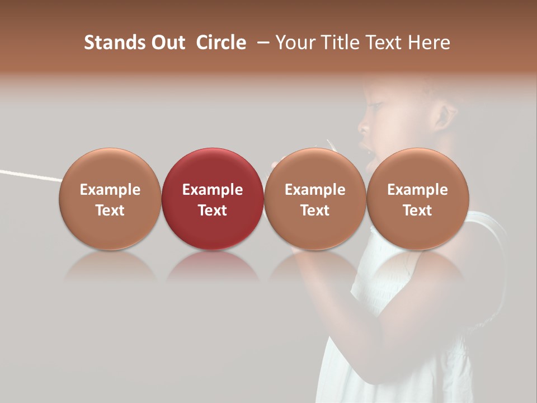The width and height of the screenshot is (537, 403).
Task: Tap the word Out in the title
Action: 167,43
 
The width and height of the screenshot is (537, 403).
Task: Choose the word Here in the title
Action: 428,43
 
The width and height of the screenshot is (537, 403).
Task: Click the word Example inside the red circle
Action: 213,190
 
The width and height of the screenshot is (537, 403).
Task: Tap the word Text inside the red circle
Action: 213,210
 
